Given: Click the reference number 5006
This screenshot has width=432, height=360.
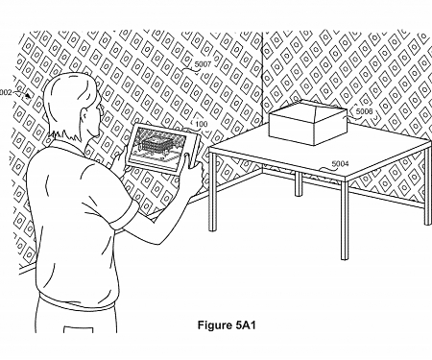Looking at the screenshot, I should [x=364, y=112].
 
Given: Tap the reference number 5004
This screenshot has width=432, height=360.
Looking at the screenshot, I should [x=340, y=164].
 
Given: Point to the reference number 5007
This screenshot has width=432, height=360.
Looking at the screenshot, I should [x=203, y=65].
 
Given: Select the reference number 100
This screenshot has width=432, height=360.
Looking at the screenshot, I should [x=202, y=123].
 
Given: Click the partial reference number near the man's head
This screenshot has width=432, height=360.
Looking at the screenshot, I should [x=6, y=92].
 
